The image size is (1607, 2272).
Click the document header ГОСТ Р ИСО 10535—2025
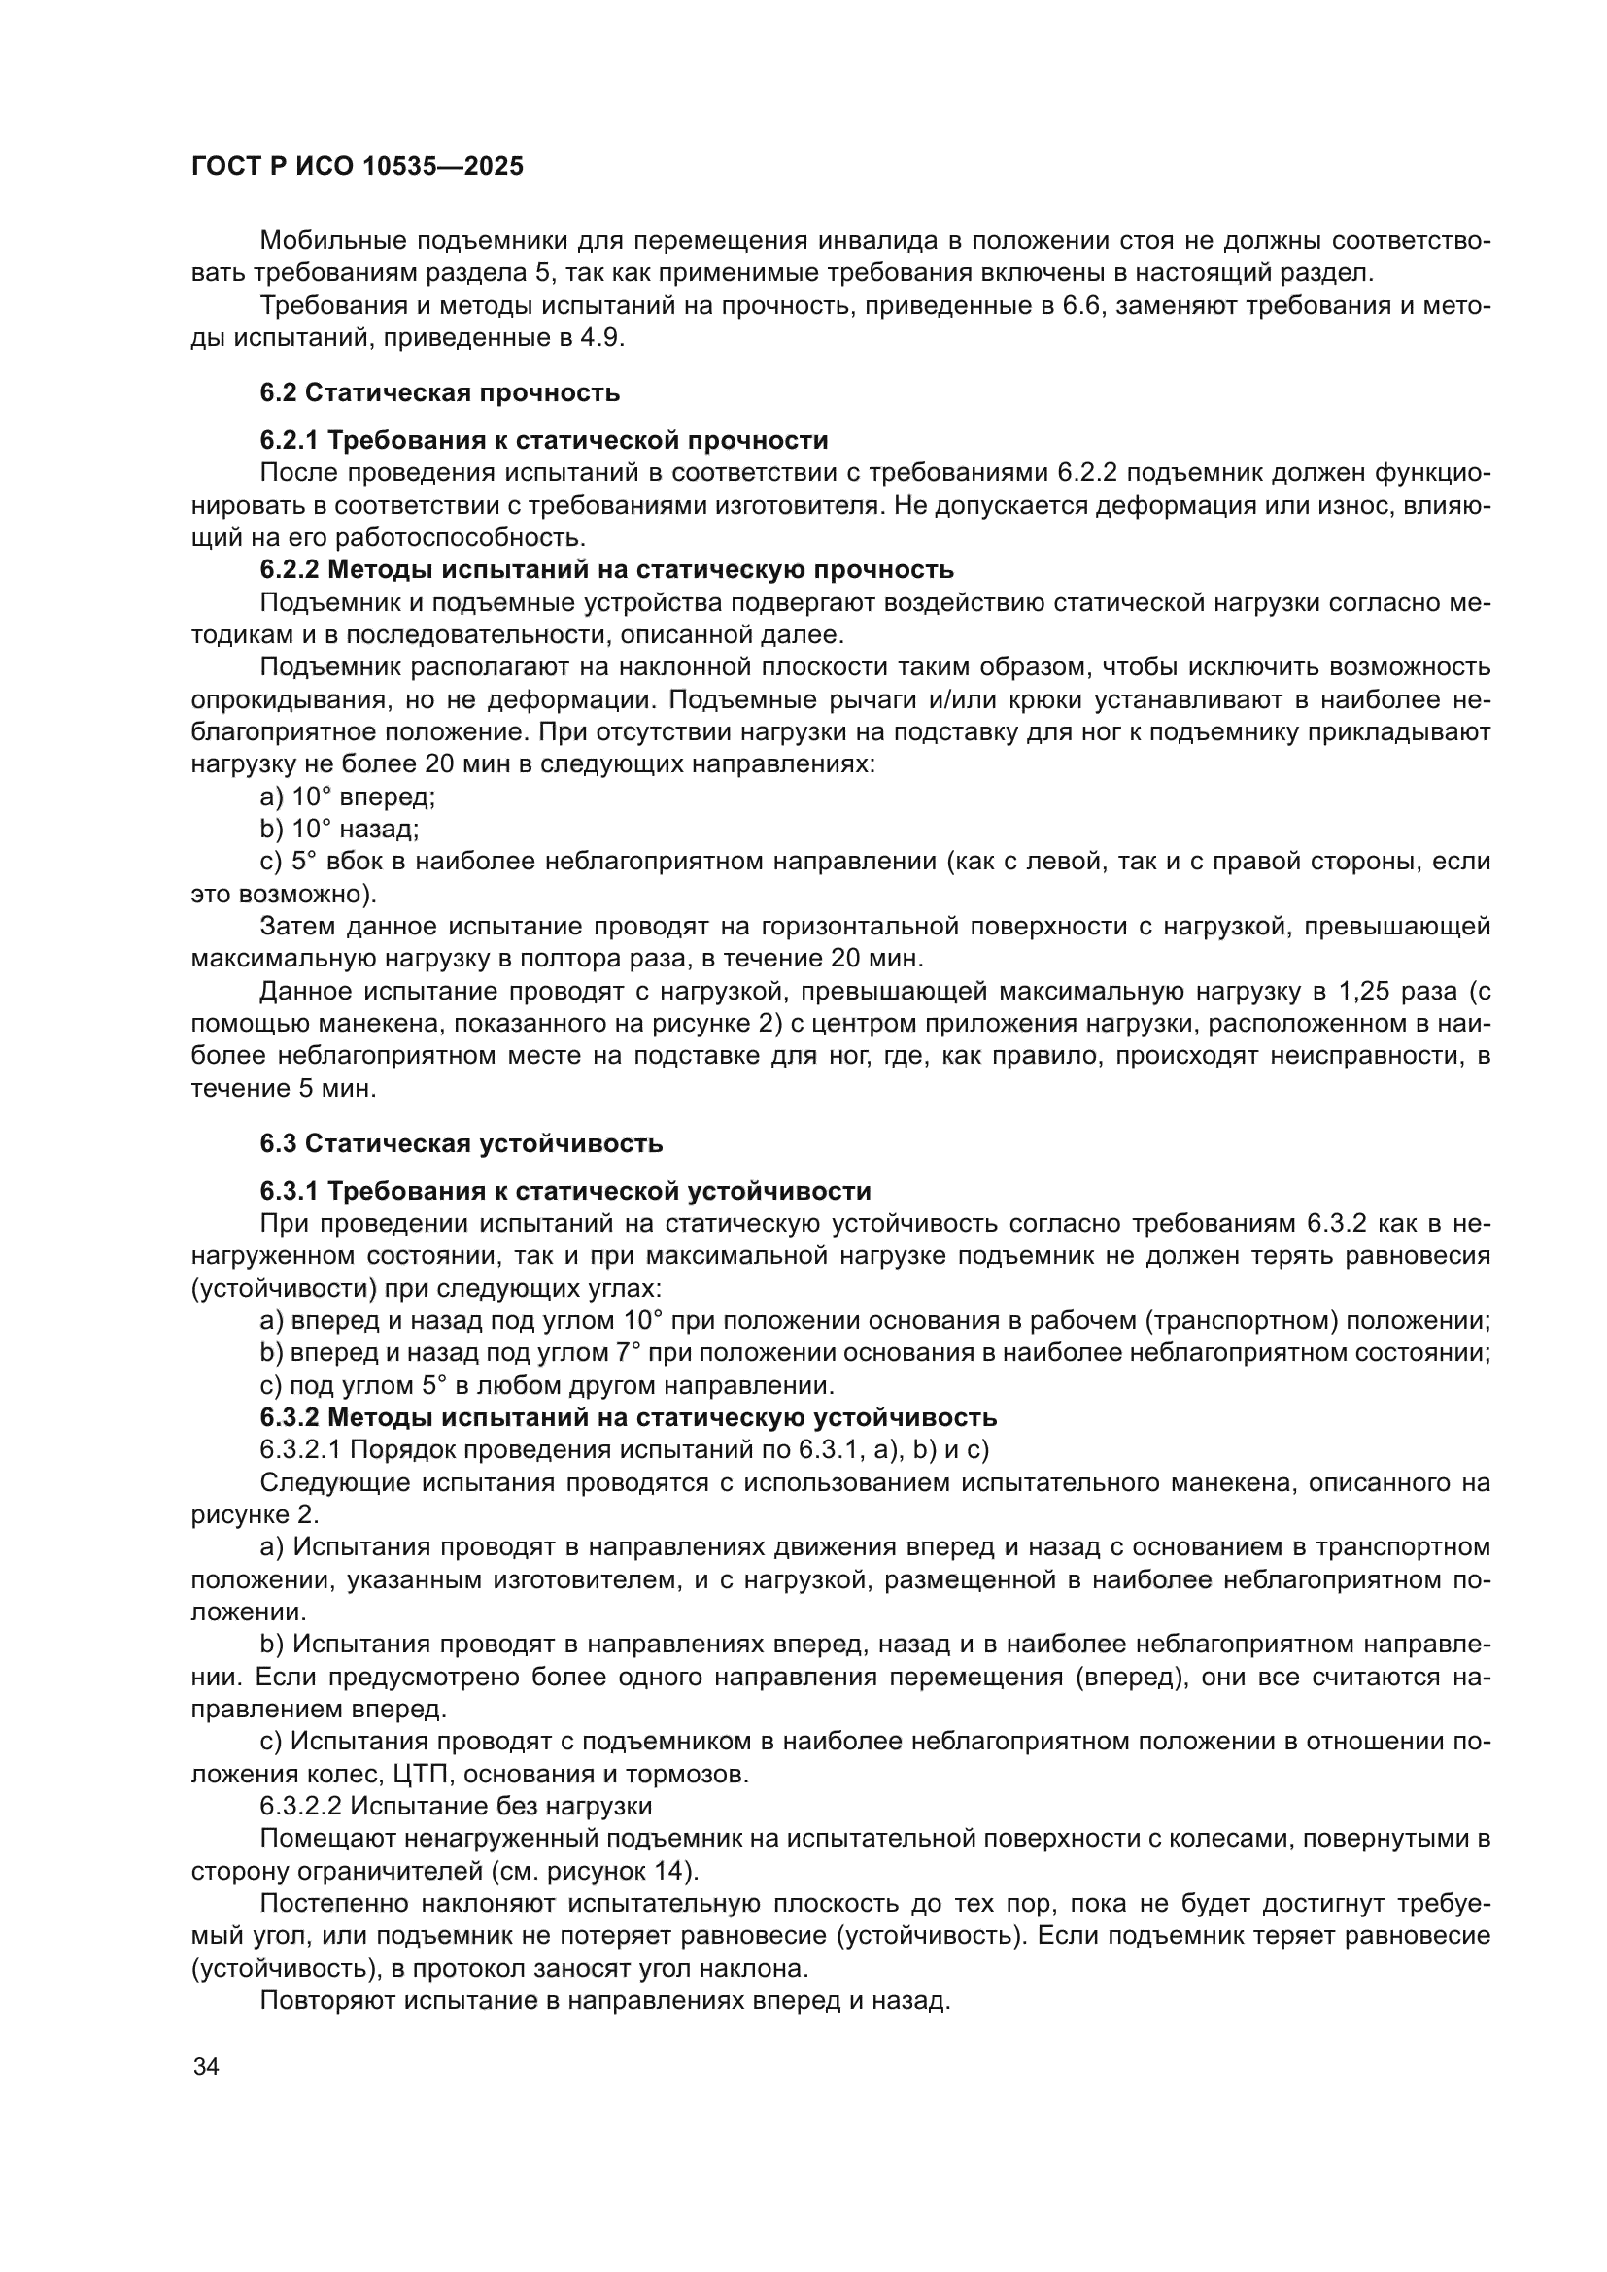(x=358, y=167)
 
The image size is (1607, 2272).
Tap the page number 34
(x=206, y=2067)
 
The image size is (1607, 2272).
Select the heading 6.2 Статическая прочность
(x=439, y=392)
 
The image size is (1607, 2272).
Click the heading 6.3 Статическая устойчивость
(x=462, y=1144)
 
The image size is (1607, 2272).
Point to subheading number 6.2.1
(x=288, y=440)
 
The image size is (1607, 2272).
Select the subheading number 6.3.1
(x=288, y=1191)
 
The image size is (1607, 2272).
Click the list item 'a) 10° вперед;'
(x=347, y=797)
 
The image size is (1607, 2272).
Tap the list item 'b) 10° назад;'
(x=339, y=830)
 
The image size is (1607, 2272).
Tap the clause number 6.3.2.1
(x=301, y=1449)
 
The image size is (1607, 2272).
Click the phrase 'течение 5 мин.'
(x=284, y=1089)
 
